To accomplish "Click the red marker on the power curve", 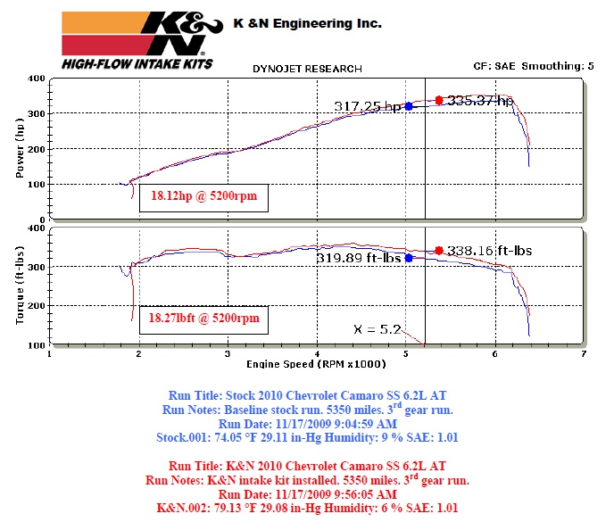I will pyautogui.click(x=439, y=101).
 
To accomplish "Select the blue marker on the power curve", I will pyautogui.click(x=409, y=106).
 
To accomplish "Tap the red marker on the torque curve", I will pyautogui.click(x=439, y=251).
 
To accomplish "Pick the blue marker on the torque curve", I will pyautogui.click(x=409, y=258).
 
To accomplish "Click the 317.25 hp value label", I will pyautogui.click(x=369, y=106).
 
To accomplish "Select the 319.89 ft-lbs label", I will pyautogui.click(x=359, y=258).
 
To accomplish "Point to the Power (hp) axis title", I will pyautogui.click(x=20, y=150).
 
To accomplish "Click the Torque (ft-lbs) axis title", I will pyautogui.click(x=20, y=285).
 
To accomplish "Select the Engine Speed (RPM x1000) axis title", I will pyautogui.click(x=316, y=365).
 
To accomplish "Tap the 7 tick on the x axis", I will pyautogui.click(x=583, y=354).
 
